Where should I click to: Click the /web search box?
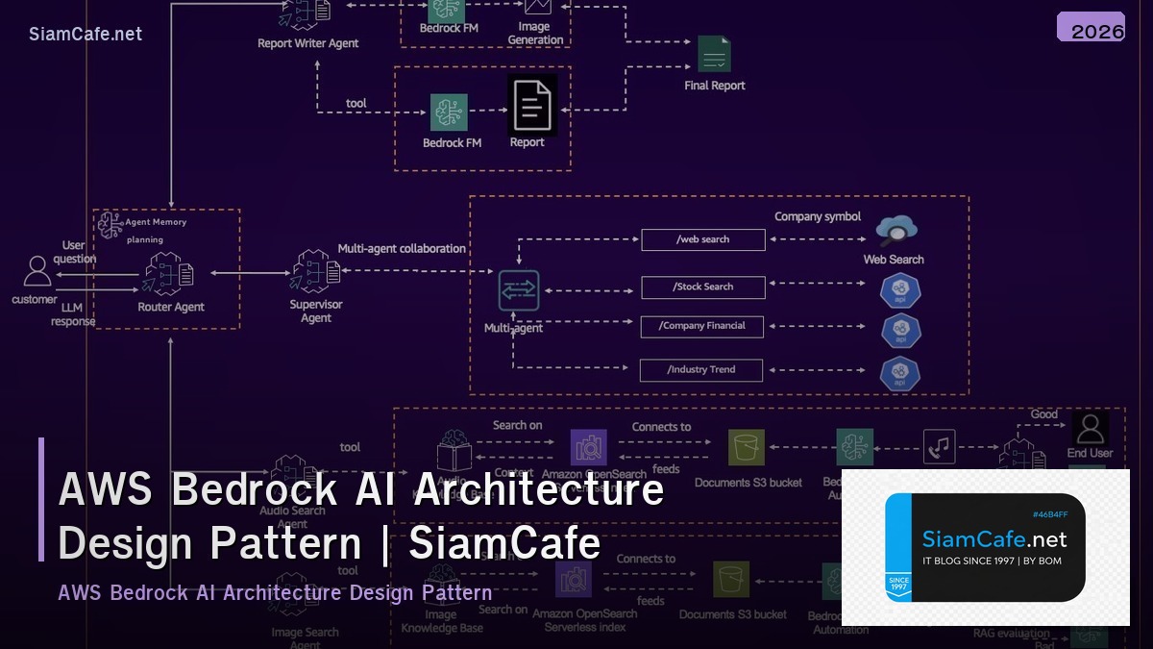(x=702, y=239)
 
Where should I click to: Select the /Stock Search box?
(x=702, y=287)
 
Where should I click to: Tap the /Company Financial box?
(x=702, y=326)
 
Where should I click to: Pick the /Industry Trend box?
(x=702, y=369)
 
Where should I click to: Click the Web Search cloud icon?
(x=895, y=231)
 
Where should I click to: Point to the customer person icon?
(x=37, y=272)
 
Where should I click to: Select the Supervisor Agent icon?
(x=316, y=273)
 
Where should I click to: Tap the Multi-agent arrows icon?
(x=519, y=290)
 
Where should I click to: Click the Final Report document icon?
(x=714, y=55)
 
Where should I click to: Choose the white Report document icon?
(x=532, y=105)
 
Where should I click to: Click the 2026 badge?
(x=1091, y=29)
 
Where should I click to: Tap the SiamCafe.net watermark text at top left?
(x=86, y=35)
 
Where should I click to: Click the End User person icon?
(x=1090, y=428)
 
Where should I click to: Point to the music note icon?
(x=939, y=446)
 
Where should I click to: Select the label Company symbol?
(x=818, y=217)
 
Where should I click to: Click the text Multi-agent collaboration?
(x=402, y=248)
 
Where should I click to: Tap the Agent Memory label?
(x=156, y=222)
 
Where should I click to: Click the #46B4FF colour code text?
(x=1049, y=514)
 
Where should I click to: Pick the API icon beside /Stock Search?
(x=900, y=290)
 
